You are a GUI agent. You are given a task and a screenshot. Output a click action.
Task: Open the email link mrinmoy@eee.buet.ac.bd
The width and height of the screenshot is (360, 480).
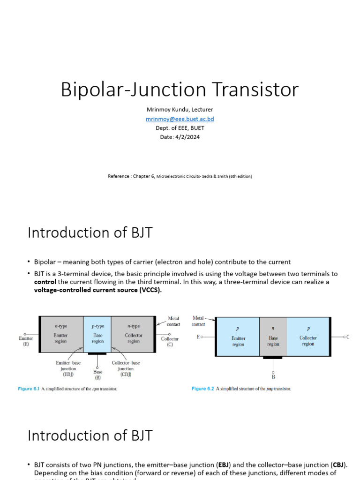pyautogui.click(x=180, y=119)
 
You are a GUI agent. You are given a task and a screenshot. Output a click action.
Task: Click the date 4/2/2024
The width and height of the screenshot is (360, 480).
pyautogui.click(x=180, y=137)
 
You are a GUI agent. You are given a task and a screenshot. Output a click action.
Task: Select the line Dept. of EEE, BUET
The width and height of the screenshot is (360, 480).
pyautogui.click(x=180, y=128)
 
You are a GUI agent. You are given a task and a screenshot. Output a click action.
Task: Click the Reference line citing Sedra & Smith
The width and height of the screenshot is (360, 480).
pyautogui.click(x=180, y=176)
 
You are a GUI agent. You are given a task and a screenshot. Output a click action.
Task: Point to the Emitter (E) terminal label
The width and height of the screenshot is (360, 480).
pyautogui.click(x=26, y=341)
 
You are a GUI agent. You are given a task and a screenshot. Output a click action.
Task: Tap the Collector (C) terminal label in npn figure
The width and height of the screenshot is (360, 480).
pyautogui.click(x=170, y=341)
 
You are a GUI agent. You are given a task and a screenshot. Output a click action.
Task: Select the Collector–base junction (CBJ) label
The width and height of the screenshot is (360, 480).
pyautogui.click(x=125, y=368)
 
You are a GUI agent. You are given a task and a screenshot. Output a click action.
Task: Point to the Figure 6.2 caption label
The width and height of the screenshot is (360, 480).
pyautogui.click(x=202, y=389)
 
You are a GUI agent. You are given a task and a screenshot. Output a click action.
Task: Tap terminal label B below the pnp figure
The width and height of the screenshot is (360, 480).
pyautogui.click(x=273, y=376)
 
